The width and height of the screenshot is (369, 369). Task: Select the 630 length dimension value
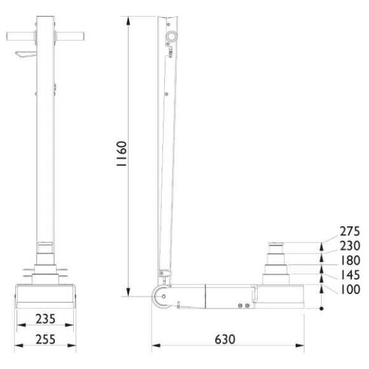point(225,338)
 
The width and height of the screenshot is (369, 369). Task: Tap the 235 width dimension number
point(44,318)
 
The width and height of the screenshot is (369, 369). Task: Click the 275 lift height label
point(349,232)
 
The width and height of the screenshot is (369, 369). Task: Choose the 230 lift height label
point(349,246)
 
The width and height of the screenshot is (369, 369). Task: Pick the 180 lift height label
point(349,261)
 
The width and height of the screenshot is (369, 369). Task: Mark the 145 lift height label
point(349,275)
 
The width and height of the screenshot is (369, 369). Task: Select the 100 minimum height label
point(349,290)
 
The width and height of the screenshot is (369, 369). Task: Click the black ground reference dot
point(322,309)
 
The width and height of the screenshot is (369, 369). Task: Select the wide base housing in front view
point(45,296)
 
